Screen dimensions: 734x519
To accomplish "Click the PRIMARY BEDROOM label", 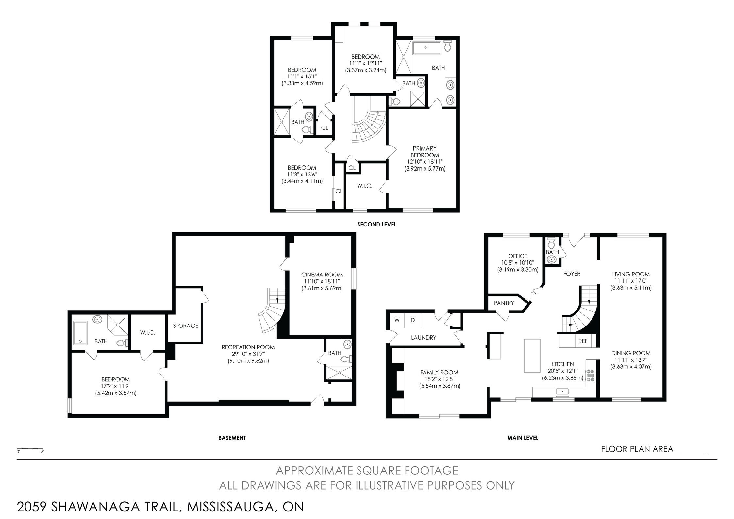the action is (x=425, y=152).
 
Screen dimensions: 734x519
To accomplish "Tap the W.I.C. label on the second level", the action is (x=365, y=186).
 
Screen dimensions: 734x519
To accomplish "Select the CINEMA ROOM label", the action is (x=322, y=275).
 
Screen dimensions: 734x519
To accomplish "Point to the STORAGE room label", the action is (x=186, y=326).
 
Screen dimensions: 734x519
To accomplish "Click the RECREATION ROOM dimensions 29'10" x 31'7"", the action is (x=248, y=354).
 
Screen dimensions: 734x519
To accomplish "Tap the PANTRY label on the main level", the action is (x=504, y=303).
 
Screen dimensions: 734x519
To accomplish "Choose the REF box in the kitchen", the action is (x=583, y=341).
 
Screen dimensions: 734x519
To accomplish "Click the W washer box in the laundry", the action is (x=397, y=320).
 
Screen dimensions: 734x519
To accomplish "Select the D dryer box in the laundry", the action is (x=413, y=320).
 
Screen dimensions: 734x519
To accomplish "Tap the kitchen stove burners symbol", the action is (x=591, y=375).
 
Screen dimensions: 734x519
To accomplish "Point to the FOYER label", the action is (x=572, y=274).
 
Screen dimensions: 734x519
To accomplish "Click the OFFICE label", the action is (x=518, y=256).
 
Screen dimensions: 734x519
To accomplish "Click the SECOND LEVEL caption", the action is (x=376, y=225).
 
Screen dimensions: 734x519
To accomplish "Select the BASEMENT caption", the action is (x=232, y=438).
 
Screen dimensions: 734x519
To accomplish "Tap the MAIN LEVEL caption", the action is (x=523, y=438).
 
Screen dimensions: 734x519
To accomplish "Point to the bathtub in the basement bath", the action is (x=80, y=333).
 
